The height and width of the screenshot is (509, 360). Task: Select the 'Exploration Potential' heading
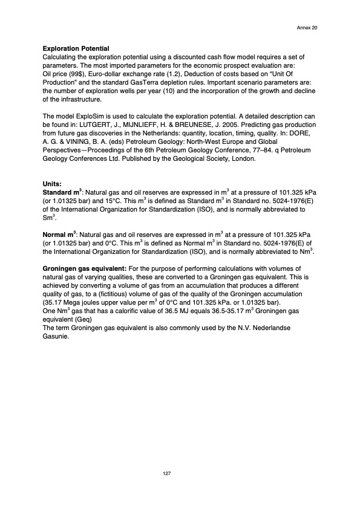(76, 48)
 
